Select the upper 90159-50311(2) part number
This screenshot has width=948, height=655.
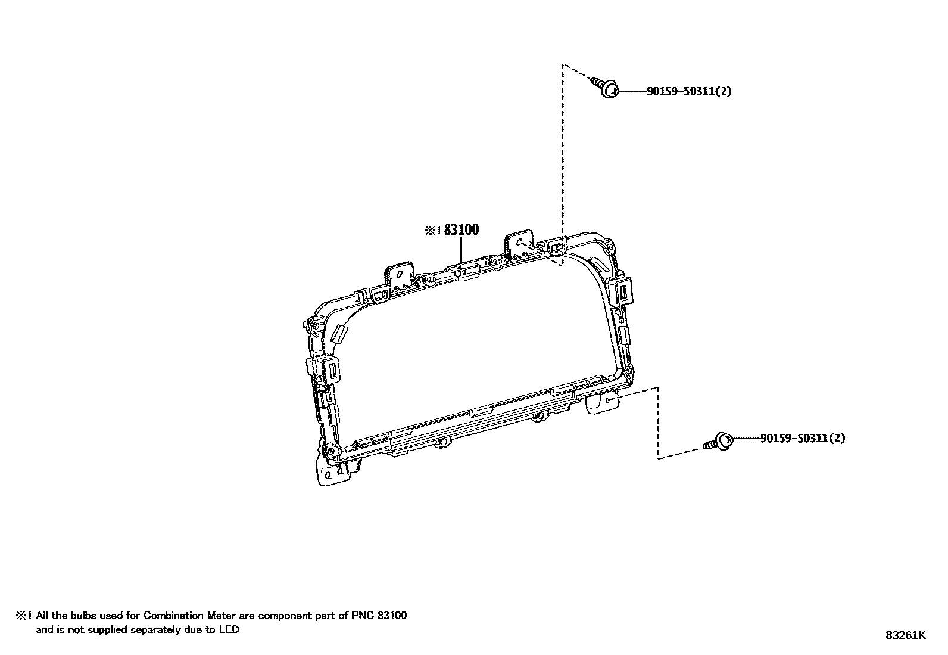(x=689, y=92)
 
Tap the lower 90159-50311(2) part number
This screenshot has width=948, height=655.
(x=803, y=439)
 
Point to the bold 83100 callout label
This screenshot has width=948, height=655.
(x=461, y=230)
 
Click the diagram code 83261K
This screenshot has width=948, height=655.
(x=905, y=635)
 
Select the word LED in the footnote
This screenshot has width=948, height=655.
(x=229, y=629)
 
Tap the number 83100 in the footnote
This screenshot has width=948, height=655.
(x=391, y=616)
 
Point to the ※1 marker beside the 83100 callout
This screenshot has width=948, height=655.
(x=432, y=231)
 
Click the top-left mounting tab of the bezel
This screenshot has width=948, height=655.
(x=400, y=274)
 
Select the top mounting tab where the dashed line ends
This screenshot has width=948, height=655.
(x=520, y=242)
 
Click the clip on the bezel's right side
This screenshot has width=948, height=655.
(x=622, y=290)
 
